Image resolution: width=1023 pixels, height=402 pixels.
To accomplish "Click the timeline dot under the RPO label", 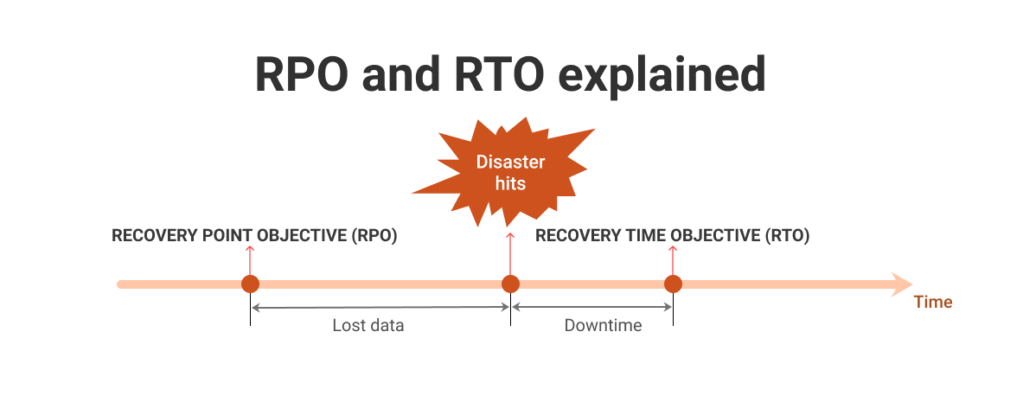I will pyautogui.click(x=250, y=284).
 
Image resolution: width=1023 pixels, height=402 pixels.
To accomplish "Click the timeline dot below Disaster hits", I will pyautogui.click(x=510, y=284).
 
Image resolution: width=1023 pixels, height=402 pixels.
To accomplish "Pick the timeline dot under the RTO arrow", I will pyautogui.click(x=673, y=284).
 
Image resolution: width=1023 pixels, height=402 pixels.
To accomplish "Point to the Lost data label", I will pyautogui.click(x=368, y=326).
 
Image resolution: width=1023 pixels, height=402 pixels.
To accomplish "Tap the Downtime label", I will pyautogui.click(x=603, y=326).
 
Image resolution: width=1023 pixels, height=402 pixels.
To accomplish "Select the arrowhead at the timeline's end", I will pyautogui.click(x=902, y=284).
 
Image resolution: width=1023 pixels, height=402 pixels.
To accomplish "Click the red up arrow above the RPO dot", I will pyautogui.click(x=250, y=258).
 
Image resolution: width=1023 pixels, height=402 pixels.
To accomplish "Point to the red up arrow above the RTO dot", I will pyautogui.click(x=673, y=258).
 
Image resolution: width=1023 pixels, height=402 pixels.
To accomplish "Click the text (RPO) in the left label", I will pyautogui.click(x=374, y=235).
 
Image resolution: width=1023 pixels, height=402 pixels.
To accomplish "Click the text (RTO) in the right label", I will pyautogui.click(x=787, y=235).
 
